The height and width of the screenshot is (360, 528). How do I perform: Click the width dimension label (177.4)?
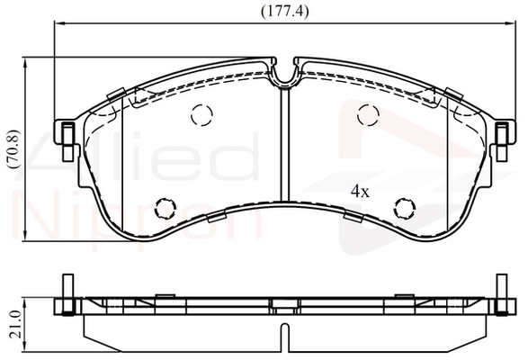click(x=285, y=12)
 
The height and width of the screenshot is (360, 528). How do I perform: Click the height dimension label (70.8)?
click(x=14, y=149)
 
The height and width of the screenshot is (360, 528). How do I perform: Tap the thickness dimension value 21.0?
click(x=15, y=324)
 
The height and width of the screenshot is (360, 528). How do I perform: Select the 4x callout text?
click(x=360, y=192)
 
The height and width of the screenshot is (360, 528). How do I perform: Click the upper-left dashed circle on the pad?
click(x=201, y=115)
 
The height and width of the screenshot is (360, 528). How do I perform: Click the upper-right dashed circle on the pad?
click(x=369, y=115)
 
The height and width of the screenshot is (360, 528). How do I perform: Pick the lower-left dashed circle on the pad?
click(x=166, y=208)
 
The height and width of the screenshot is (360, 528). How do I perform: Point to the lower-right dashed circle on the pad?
click(x=405, y=208)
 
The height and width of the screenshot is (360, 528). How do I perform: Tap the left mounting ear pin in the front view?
click(x=68, y=141)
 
